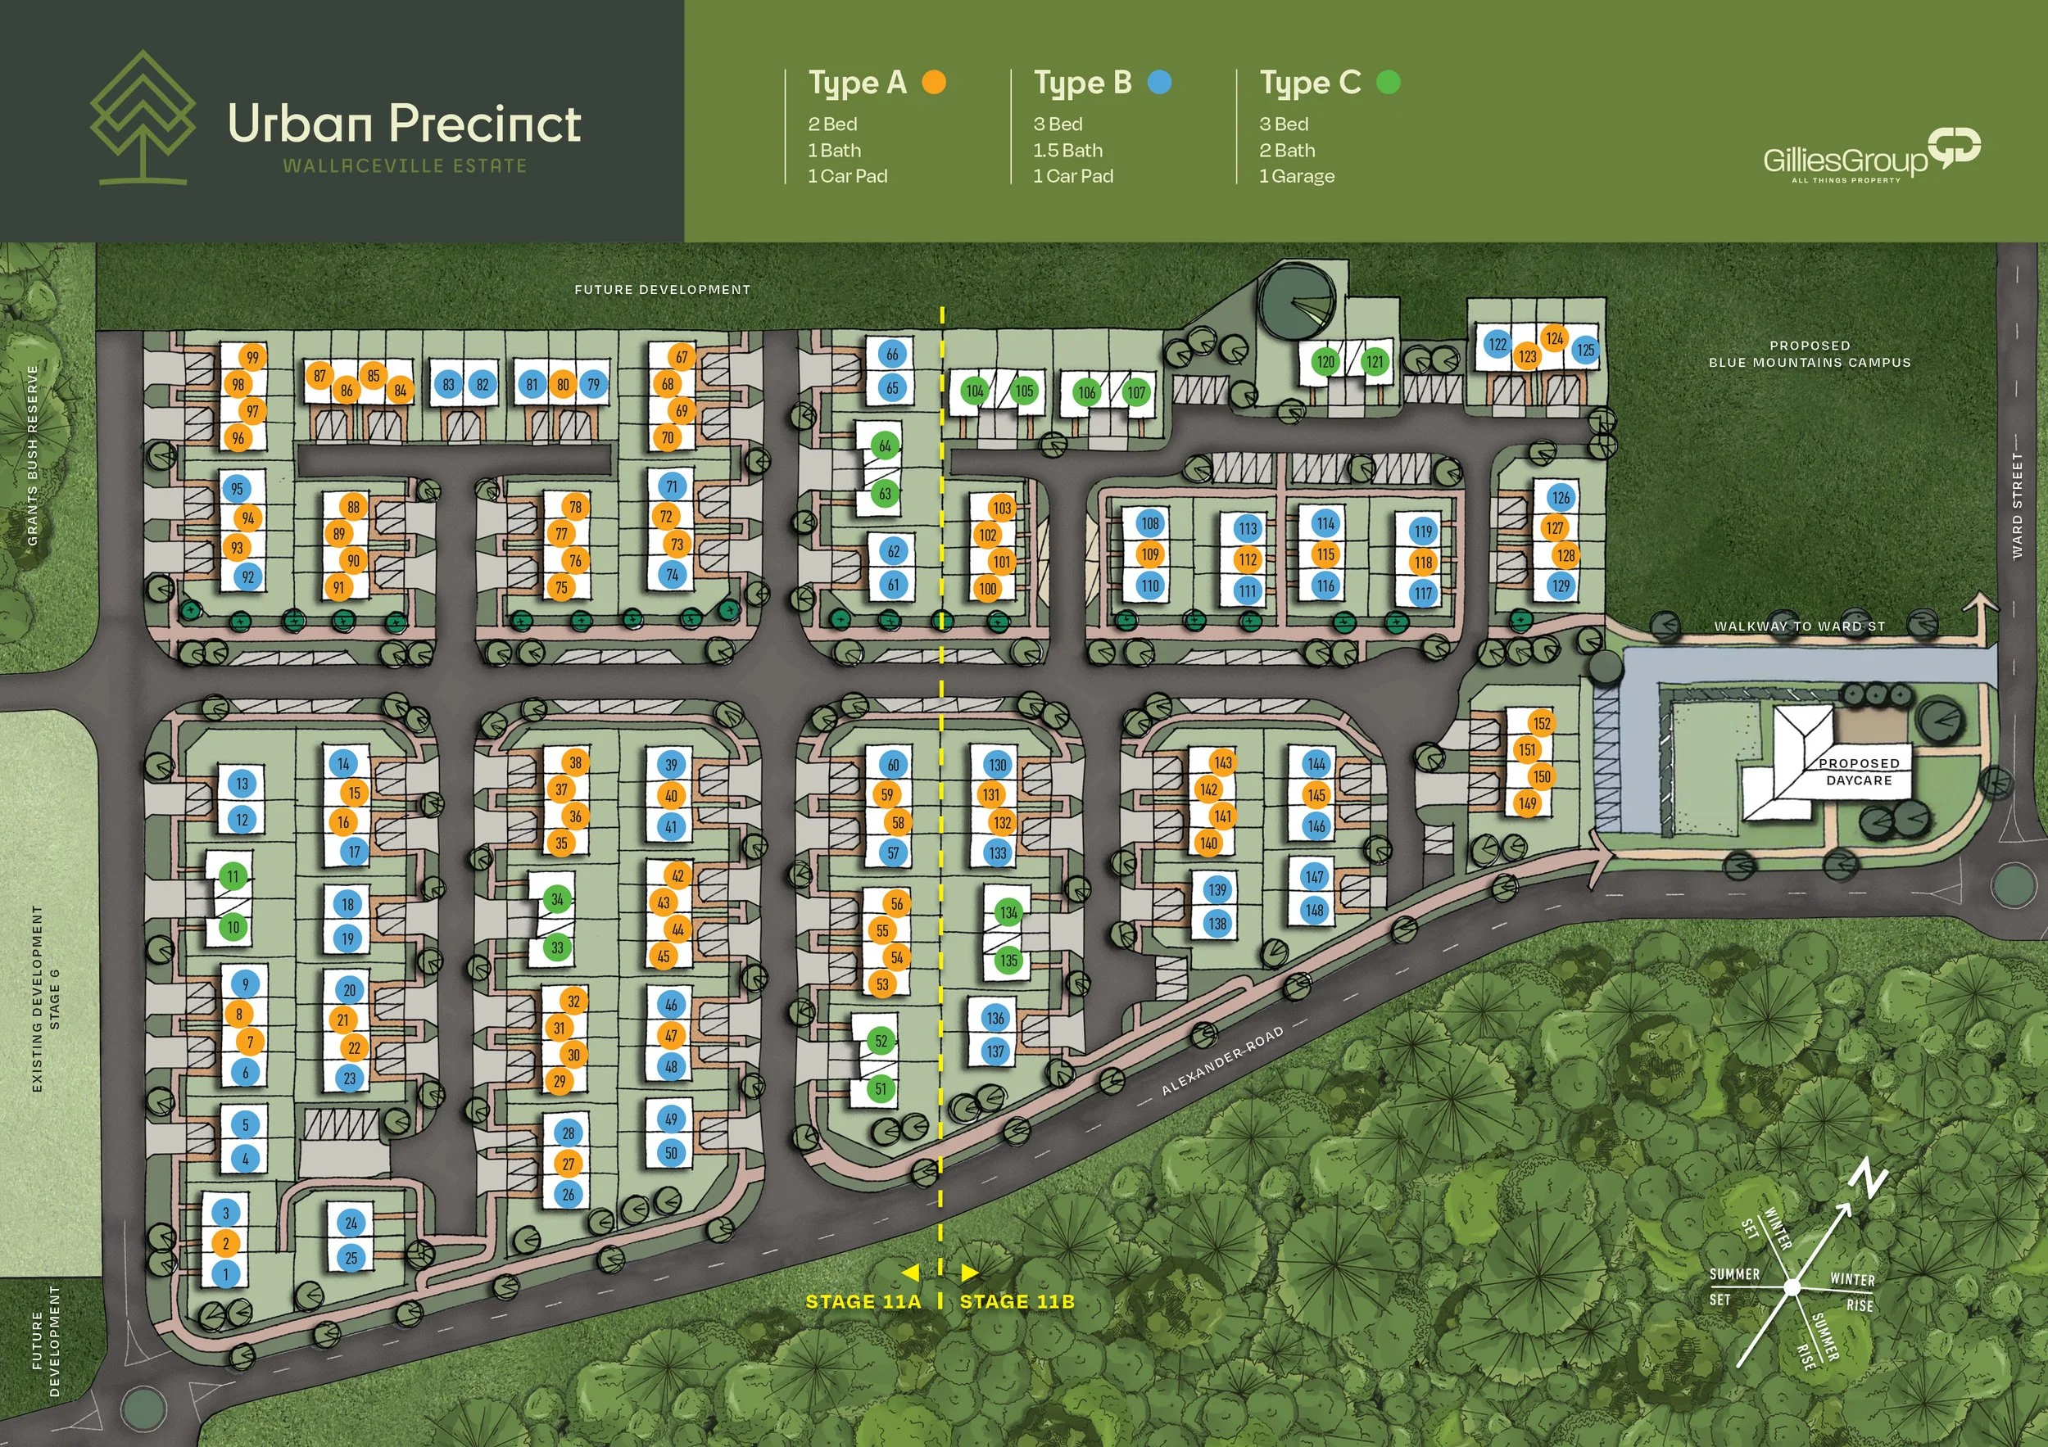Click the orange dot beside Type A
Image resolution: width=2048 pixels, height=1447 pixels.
coord(933,83)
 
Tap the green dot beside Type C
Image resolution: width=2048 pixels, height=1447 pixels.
coord(1388,83)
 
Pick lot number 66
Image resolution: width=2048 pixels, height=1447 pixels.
coord(892,354)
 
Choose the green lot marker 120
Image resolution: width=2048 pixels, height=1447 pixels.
coord(1325,361)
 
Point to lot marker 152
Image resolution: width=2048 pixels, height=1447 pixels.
coord(1543,723)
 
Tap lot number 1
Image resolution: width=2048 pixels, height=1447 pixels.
coord(225,1274)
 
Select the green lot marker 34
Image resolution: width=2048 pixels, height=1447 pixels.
coord(558,898)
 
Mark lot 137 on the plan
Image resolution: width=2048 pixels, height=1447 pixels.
coord(995,1051)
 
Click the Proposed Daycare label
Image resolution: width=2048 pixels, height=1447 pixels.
coord(1858,771)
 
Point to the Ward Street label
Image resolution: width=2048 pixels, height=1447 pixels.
coord(2017,505)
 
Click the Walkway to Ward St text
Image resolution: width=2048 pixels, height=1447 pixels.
coord(1799,626)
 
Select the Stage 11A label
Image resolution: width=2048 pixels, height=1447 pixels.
coord(863,1302)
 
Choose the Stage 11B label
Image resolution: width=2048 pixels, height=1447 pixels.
coord(1017,1302)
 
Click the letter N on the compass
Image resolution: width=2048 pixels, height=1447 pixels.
coord(1870,1182)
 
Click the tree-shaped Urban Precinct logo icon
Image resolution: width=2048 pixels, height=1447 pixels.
coord(143,117)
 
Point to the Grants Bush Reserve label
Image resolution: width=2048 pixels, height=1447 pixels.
coord(33,454)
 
